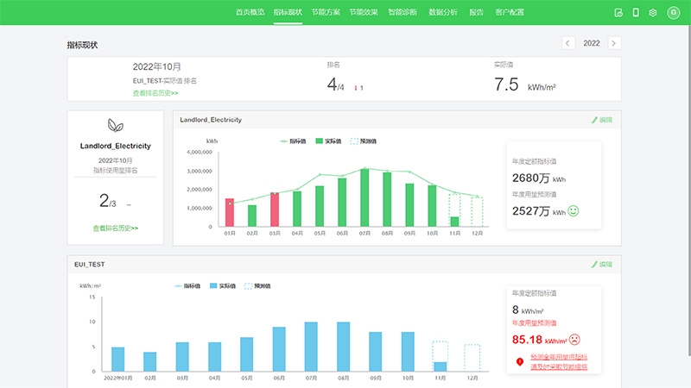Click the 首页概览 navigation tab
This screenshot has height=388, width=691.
click(250, 13)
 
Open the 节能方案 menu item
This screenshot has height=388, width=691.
click(325, 13)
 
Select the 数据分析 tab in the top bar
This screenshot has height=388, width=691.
click(442, 13)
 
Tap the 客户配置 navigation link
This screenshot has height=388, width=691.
click(510, 13)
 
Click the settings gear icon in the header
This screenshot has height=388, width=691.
click(653, 13)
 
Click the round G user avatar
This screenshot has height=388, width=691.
click(673, 13)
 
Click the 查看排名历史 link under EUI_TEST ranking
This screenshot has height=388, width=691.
click(155, 92)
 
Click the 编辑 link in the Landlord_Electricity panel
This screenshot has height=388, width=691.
click(601, 120)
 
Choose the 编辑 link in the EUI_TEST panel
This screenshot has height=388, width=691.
click(601, 264)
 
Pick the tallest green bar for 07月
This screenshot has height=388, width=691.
click(365, 197)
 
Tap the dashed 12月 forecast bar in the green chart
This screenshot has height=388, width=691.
click(477, 211)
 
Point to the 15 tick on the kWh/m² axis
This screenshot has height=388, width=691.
click(92, 297)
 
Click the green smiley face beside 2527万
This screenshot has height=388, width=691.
click(573, 210)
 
